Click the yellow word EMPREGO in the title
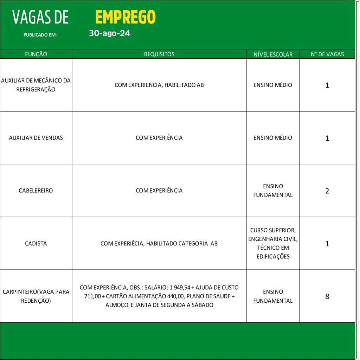click(125, 17)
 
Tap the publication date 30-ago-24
click(110, 34)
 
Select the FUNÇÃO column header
click(36, 54)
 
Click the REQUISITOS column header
click(159, 54)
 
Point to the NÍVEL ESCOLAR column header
click(273, 54)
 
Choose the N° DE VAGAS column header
click(327, 54)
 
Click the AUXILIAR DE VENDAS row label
click(36, 138)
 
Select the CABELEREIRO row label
click(36, 191)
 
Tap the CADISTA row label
click(36, 243)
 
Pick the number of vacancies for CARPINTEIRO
click(327, 296)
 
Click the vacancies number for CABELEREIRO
click(327, 191)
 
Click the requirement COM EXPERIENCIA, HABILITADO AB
click(159, 85)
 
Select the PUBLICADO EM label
click(40, 35)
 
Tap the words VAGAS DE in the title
click(40, 17)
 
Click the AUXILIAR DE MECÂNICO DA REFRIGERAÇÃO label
click(36, 85)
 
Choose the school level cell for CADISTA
click(273, 243)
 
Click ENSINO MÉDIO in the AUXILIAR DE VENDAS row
click(273, 138)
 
